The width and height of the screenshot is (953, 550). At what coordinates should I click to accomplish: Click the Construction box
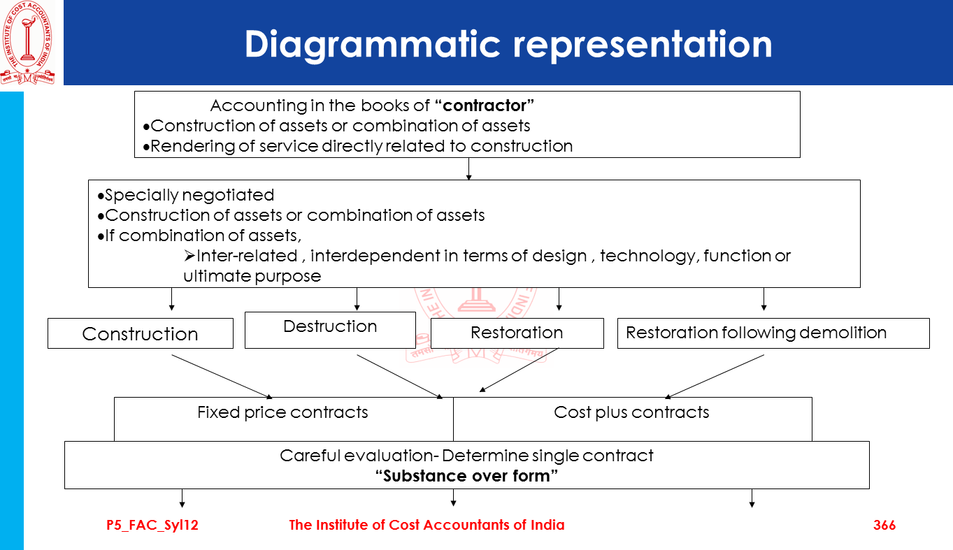pyautogui.click(x=140, y=333)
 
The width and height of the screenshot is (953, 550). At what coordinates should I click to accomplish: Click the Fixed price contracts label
pyautogui.click(x=282, y=412)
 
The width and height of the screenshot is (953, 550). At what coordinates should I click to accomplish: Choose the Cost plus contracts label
pyautogui.click(x=631, y=412)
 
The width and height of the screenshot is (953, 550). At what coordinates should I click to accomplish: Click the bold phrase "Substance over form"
pyautogui.click(x=466, y=476)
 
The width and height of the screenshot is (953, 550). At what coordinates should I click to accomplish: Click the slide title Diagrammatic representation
pyautogui.click(x=508, y=43)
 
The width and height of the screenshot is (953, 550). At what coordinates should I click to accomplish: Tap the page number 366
pyautogui.click(x=884, y=525)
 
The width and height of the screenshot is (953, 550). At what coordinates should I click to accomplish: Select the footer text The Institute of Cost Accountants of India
pyautogui.click(x=427, y=525)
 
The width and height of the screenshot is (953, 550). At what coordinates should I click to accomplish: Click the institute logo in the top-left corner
pyautogui.click(x=27, y=42)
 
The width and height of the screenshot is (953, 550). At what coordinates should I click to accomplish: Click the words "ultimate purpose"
pyautogui.click(x=252, y=276)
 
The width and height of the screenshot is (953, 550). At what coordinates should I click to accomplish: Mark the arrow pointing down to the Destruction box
pyautogui.click(x=357, y=299)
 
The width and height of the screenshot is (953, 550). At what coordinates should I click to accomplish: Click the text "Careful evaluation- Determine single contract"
pyautogui.click(x=466, y=456)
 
